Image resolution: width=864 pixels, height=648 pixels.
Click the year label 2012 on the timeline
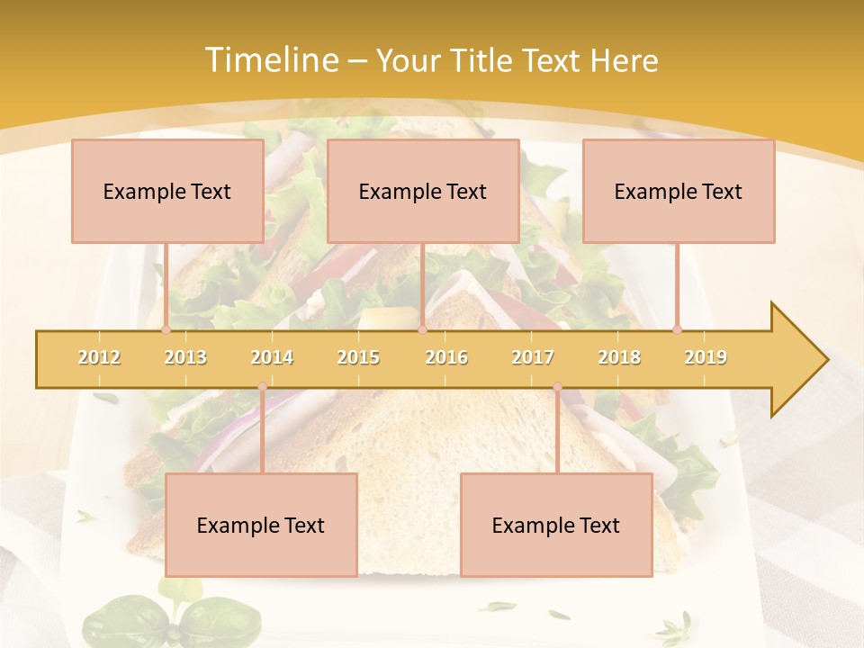click(99, 357)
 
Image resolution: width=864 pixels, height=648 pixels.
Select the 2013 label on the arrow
click(185, 357)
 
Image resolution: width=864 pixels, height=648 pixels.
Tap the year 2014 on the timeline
click(272, 357)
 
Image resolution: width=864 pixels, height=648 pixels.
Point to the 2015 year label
click(358, 357)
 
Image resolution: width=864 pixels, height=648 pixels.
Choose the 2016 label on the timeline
click(446, 357)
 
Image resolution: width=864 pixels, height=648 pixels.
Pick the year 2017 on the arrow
click(533, 357)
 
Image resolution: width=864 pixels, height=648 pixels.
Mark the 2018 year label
click(619, 357)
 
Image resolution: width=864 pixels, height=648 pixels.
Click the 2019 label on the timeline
click(706, 357)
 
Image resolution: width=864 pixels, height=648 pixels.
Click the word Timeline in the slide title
click(270, 60)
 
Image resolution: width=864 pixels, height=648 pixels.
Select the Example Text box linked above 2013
click(167, 191)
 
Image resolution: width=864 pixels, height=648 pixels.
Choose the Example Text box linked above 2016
click(423, 191)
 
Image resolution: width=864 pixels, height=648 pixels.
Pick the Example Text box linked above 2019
click(679, 191)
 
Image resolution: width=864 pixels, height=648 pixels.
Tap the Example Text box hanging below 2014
click(261, 525)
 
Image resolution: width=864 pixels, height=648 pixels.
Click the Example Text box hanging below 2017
click(556, 525)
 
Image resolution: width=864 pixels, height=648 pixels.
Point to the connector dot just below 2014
click(262, 387)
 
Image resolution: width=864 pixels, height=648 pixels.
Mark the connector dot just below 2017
click(557, 387)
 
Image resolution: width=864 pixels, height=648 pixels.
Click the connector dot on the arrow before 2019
click(678, 330)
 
